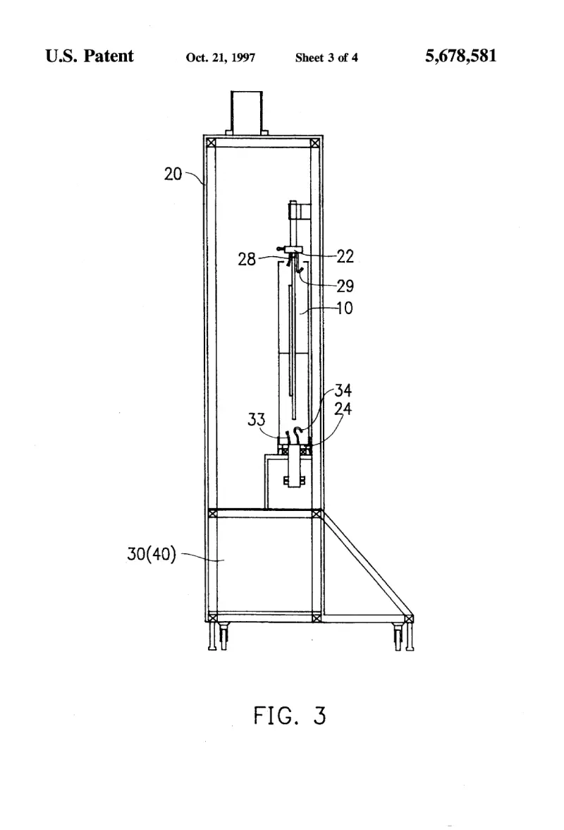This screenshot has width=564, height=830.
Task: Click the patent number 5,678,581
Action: [x=460, y=56]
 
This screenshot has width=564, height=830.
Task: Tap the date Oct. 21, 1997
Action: [x=221, y=58]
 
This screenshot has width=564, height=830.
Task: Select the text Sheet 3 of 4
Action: [x=326, y=58]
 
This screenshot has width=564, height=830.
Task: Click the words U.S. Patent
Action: [x=90, y=56]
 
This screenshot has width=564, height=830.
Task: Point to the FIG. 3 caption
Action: [x=290, y=716]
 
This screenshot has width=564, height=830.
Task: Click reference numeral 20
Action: [x=173, y=174]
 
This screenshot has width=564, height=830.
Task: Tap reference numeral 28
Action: [x=246, y=259]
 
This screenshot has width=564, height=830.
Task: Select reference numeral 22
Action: [x=345, y=256]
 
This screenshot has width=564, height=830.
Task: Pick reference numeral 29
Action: [x=345, y=286]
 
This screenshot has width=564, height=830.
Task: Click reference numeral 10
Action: [x=345, y=308]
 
